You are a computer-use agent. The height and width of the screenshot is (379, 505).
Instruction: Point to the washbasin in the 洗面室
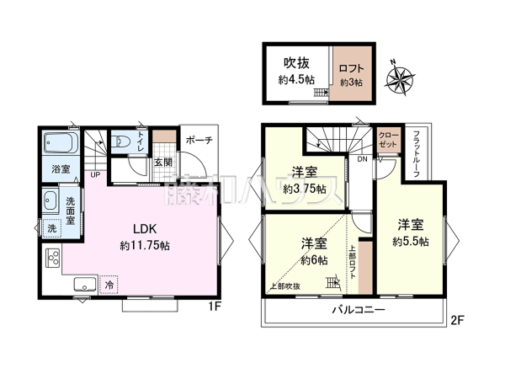point(49,200)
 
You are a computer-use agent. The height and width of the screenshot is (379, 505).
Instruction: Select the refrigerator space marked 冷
point(109,285)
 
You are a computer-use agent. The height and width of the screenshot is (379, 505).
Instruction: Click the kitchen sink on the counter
point(84,284)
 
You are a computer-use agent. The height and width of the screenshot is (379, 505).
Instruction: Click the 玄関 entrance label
point(163,162)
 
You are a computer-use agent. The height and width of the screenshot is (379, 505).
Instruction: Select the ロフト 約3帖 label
point(351,73)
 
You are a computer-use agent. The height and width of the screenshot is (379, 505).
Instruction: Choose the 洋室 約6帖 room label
point(314,250)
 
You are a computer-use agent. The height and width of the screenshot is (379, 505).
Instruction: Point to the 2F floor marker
point(458,320)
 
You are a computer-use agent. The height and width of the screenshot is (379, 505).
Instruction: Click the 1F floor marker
point(215,306)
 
